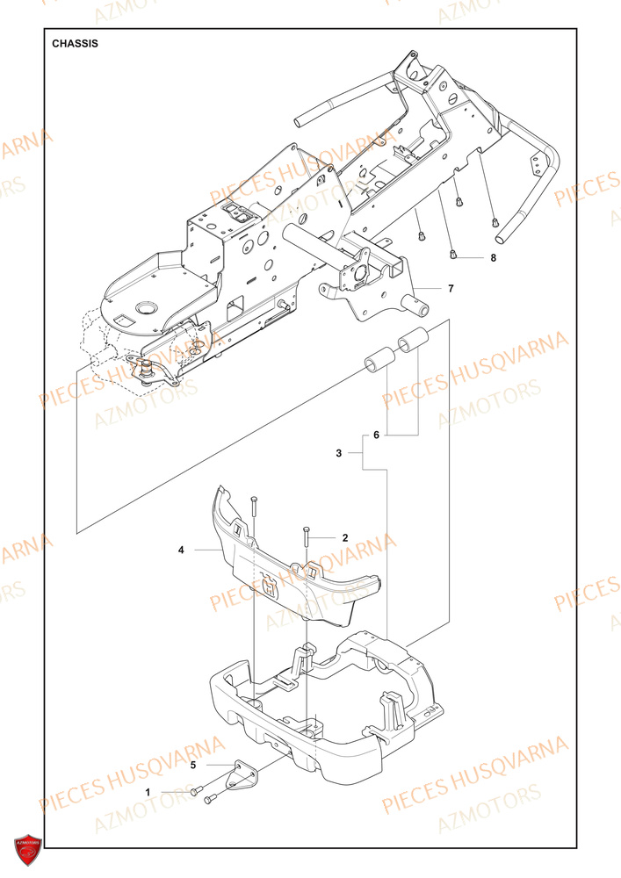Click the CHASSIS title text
pos(75,43)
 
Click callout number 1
pos(148,792)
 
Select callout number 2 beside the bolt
pos(345,537)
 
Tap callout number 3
pos(339,453)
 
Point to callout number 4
pos(181,551)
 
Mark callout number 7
pos(451,288)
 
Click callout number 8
pos(493,258)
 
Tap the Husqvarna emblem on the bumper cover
pos(267,583)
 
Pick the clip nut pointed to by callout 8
pos(453,255)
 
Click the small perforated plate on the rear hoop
pos(533,163)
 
